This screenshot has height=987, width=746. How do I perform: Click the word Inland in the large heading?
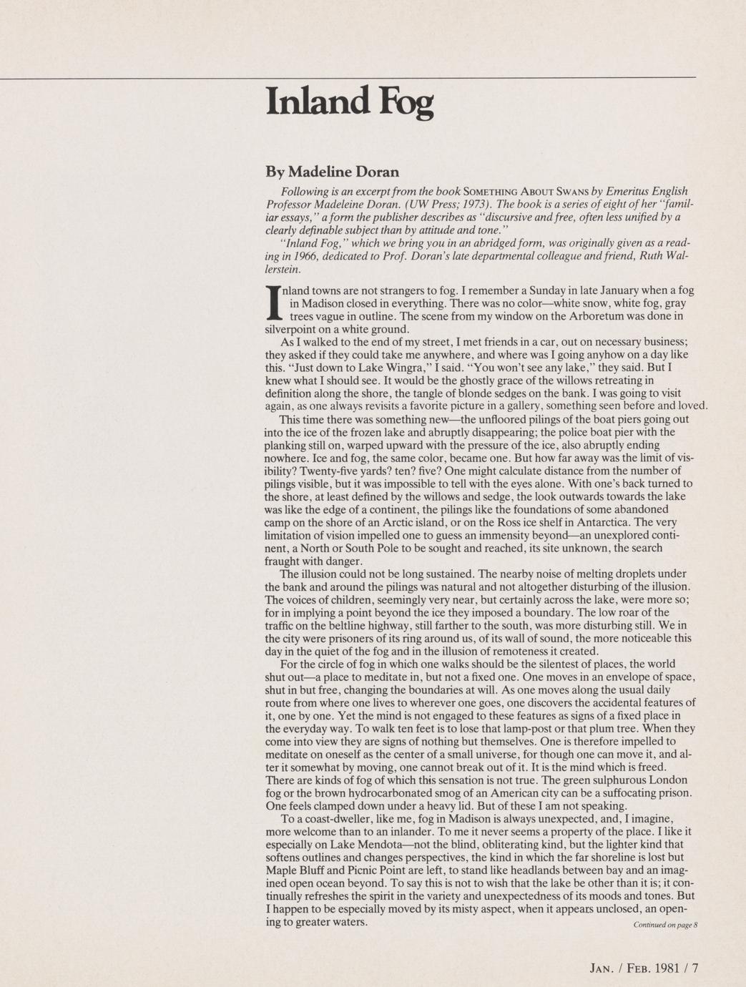tap(318, 102)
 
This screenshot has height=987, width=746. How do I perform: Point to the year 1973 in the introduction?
tap(389, 204)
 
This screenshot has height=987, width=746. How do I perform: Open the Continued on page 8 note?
tap(664, 925)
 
